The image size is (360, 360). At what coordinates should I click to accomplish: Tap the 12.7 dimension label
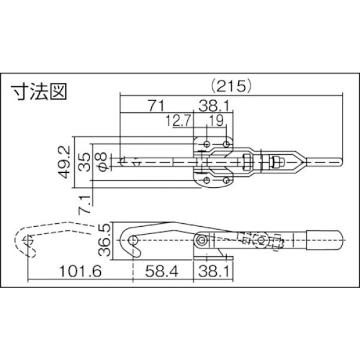tap(178, 122)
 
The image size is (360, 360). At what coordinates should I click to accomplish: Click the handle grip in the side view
tap(324, 239)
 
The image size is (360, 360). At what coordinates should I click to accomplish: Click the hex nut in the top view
tap(277, 162)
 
